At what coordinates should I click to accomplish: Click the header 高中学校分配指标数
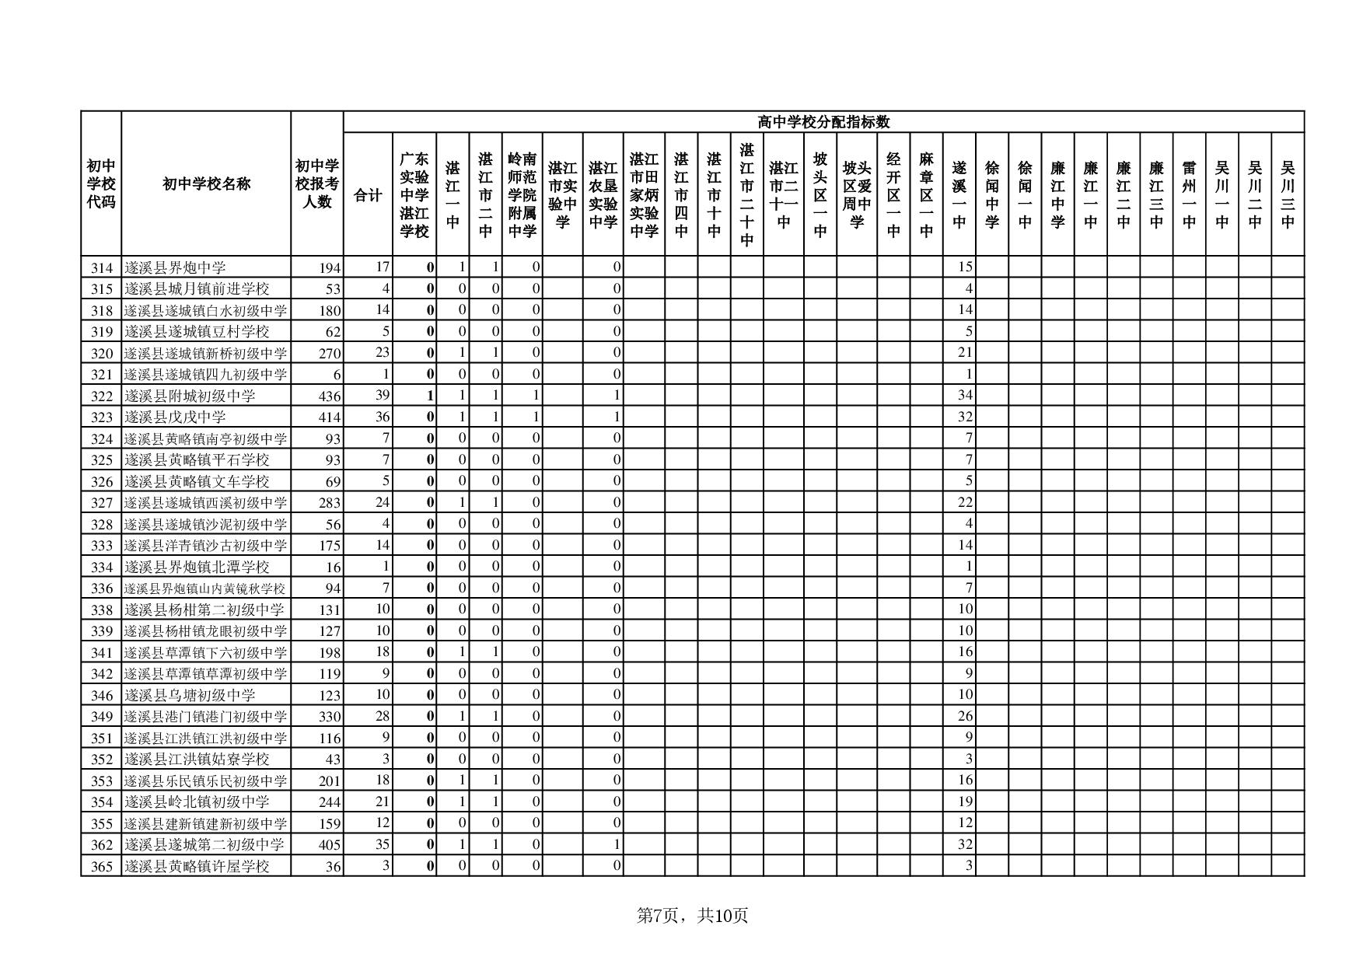(823, 122)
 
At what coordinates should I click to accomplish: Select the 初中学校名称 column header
(206, 184)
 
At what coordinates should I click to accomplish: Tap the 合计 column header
(368, 195)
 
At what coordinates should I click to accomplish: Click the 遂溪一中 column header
(959, 194)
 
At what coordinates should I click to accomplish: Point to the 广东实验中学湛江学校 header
(414, 194)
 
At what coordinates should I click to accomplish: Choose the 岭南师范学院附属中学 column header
(522, 194)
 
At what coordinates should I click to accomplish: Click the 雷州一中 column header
(1189, 194)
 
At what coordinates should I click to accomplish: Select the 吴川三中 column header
(1288, 194)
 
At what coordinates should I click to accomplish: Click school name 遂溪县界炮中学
(176, 267)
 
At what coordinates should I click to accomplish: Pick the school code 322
(102, 396)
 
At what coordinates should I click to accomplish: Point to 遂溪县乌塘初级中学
(190, 695)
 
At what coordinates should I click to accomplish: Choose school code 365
(102, 866)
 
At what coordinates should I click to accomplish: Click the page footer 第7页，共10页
(692, 916)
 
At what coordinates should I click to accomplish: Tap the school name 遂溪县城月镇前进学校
(197, 289)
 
